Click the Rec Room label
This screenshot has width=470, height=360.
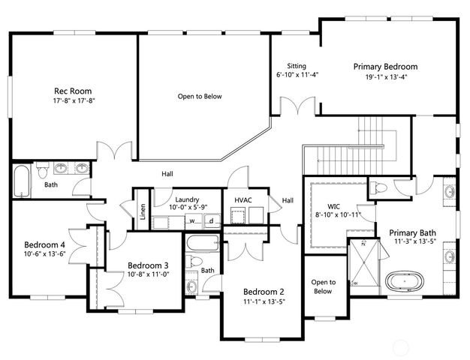click(x=74, y=91)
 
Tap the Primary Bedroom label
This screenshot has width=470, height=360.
click(x=385, y=67)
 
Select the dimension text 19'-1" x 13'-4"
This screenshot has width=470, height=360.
click(x=385, y=77)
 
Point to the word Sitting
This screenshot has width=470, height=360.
click(x=295, y=66)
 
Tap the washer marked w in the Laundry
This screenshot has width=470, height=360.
click(x=192, y=221)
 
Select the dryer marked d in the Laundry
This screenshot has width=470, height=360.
click(x=212, y=221)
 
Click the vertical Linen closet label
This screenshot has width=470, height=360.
click(x=143, y=207)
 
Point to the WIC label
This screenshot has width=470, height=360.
click(x=336, y=205)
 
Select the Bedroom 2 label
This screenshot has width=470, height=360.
click(x=264, y=292)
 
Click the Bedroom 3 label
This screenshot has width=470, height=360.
click(x=148, y=265)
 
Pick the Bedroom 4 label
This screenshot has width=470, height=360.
click(x=44, y=244)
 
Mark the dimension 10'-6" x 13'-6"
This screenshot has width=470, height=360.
click(x=44, y=253)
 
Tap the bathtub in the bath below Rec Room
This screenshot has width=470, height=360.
click(x=20, y=181)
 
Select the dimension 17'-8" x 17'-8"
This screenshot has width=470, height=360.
click(x=74, y=100)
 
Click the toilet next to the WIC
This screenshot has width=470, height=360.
click(x=380, y=187)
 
